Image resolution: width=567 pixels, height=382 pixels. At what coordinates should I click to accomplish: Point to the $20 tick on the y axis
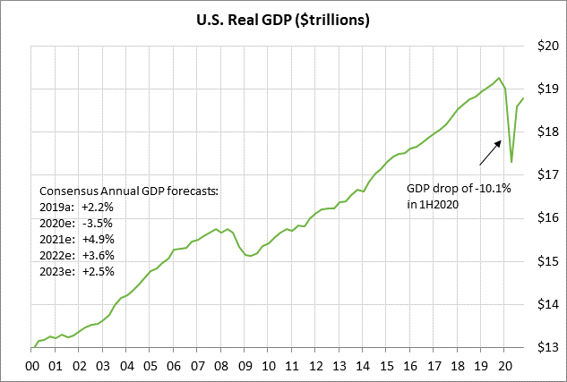548,46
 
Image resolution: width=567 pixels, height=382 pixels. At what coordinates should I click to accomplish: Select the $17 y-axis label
548,175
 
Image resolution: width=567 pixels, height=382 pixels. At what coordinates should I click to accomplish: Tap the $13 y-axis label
548,347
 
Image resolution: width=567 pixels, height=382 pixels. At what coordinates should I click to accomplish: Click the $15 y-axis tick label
548,261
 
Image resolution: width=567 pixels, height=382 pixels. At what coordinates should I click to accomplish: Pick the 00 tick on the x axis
32,365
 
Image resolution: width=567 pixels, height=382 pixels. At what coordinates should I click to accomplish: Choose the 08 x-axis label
219,365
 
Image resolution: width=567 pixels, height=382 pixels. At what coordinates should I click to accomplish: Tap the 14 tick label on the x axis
361,365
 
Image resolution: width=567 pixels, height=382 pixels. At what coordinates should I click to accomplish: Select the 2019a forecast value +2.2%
98,207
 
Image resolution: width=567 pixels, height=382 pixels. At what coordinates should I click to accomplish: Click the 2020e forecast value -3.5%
98,223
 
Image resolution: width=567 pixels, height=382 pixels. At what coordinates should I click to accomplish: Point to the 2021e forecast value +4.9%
98,239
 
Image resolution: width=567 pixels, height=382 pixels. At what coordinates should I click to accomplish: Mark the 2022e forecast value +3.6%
98,255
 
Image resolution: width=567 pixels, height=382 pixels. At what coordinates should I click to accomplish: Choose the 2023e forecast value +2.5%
98,271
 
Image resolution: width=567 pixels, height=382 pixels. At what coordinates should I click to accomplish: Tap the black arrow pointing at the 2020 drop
490,152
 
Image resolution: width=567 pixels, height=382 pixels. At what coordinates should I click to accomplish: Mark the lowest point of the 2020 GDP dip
511,162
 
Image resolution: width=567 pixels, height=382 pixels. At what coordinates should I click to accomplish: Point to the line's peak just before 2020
499,78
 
